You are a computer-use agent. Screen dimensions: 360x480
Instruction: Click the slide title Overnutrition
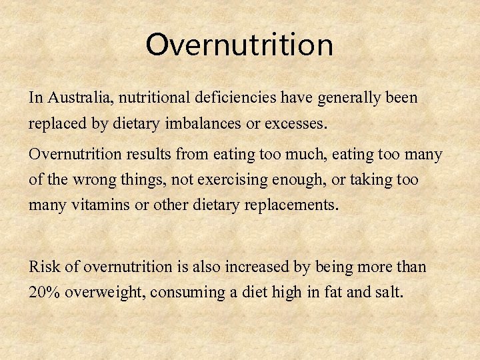coord(239,45)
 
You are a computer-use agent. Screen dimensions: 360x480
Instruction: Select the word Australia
coord(78,98)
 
